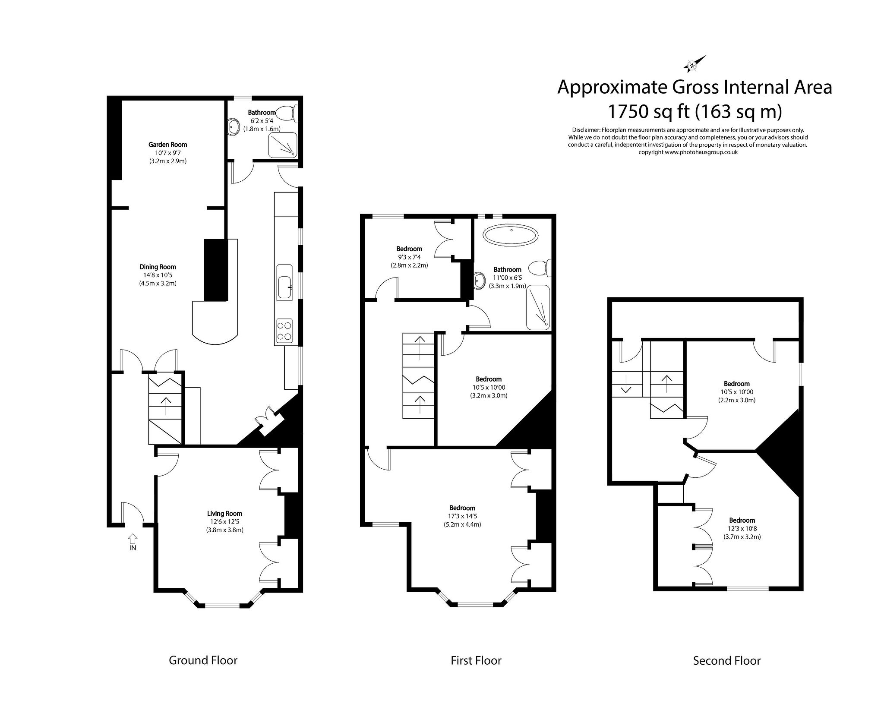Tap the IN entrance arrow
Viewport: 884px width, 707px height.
(x=133, y=539)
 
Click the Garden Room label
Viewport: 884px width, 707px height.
(x=168, y=145)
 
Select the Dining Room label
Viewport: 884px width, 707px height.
(x=158, y=267)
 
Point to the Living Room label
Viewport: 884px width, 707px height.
(x=224, y=513)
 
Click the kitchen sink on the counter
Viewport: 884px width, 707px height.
(x=284, y=287)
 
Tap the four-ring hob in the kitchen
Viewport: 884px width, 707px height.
(x=284, y=331)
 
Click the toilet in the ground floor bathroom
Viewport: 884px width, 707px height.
(x=285, y=114)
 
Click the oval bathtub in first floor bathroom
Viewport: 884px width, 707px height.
(x=510, y=237)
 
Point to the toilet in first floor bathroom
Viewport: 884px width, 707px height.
(x=540, y=268)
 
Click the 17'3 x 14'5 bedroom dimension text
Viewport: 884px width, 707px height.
(x=462, y=516)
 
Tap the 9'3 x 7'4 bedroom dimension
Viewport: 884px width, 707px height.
(x=409, y=257)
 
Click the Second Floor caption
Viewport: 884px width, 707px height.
(x=726, y=660)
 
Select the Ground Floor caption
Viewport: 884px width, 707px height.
(x=203, y=660)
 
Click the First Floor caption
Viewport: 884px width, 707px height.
(x=476, y=660)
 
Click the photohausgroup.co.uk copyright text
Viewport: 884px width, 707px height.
(x=688, y=152)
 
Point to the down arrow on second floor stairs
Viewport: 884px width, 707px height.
(x=626, y=384)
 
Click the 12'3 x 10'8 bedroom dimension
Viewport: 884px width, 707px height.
(x=742, y=529)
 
